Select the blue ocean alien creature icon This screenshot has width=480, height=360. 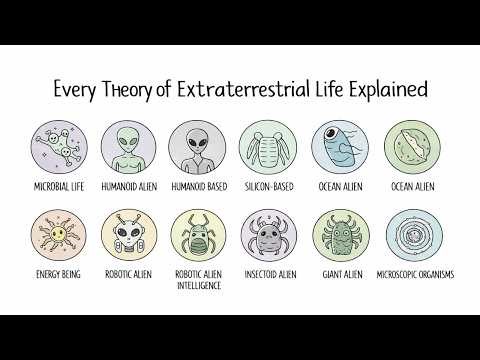click(x=335, y=147)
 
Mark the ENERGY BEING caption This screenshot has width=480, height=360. click(x=56, y=273)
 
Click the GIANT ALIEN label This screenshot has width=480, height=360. click(x=335, y=273)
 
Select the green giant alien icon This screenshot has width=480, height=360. click(x=335, y=236)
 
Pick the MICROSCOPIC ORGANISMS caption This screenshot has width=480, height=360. click(x=405, y=273)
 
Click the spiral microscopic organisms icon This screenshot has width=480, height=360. click(x=405, y=235)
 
